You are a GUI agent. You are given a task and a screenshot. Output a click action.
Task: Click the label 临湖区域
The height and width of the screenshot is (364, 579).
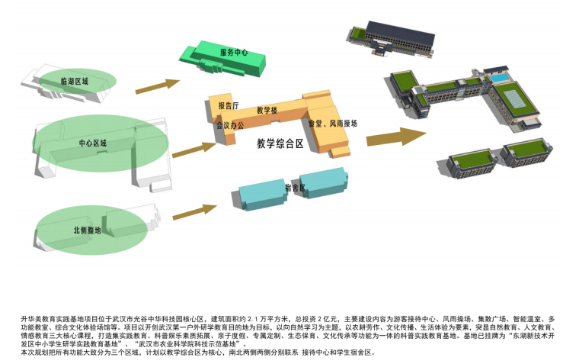(75, 80)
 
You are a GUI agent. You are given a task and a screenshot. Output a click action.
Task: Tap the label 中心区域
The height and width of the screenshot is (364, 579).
(93, 143)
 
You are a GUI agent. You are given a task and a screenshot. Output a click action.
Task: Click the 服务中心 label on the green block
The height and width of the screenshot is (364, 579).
(234, 53)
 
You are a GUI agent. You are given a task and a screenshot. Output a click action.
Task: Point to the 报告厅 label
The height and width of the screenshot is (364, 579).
(229, 105)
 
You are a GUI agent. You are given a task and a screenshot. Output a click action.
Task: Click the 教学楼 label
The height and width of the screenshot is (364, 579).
(267, 111)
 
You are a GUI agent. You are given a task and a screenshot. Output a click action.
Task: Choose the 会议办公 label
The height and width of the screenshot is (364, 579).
(230, 124)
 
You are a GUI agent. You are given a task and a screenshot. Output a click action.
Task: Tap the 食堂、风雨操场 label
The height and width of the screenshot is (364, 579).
(333, 123)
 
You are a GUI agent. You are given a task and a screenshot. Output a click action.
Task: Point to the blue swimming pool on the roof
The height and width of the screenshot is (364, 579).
(498, 78)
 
